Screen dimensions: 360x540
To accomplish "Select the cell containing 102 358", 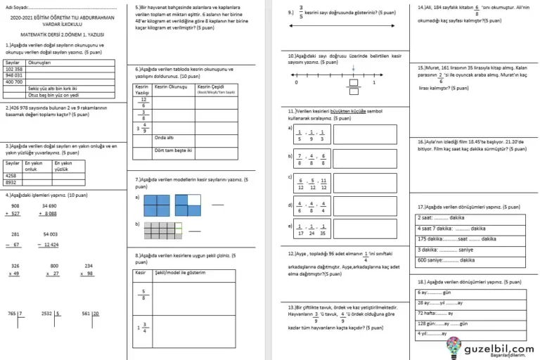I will pyautogui.click(x=14, y=70).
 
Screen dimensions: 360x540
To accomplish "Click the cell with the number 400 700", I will pyautogui.click(x=14, y=82).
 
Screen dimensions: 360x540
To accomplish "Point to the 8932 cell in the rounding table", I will pyautogui.click(x=11, y=181).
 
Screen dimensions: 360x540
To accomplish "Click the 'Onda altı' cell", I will pyautogui.click(x=165, y=138).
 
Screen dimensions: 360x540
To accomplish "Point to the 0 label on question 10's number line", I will pyautogui.click(x=297, y=83).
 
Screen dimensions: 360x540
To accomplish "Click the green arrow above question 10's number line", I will pyautogui.click(x=352, y=68).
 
